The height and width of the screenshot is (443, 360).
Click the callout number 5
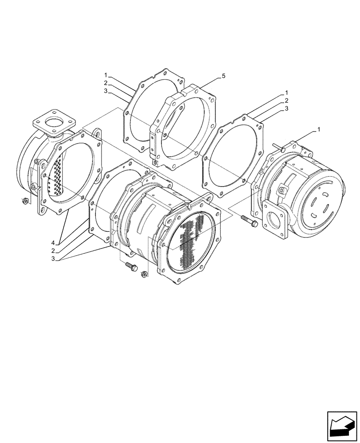(x=223, y=76)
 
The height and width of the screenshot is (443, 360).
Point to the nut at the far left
(x=25, y=202)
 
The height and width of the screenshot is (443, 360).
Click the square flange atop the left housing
(x=55, y=122)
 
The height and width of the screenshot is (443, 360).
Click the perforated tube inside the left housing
(x=56, y=177)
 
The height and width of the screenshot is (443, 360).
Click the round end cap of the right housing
(x=321, y=204)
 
